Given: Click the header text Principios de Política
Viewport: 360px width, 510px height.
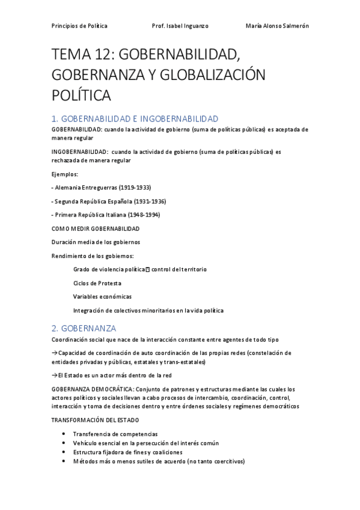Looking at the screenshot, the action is [79, 26].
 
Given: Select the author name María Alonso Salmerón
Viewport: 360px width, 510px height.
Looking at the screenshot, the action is [277, 26].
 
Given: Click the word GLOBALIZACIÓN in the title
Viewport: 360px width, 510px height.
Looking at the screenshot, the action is [214, 75].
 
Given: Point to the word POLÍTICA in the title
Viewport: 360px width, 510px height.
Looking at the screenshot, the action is [82, 95].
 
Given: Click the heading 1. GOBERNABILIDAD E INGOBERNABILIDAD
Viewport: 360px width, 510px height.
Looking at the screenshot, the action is [135, 119].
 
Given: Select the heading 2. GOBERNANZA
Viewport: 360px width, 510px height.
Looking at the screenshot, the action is [84, 328].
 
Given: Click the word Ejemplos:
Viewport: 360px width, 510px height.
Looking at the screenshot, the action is [66, 174].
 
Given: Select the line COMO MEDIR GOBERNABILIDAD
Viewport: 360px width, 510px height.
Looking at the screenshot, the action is [96, 229].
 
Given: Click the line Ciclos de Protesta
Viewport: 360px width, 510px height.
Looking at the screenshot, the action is [97, 283].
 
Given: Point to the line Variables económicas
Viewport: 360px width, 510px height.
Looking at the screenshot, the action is [102, 296].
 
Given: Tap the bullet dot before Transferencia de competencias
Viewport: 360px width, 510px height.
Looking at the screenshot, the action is [64, 434].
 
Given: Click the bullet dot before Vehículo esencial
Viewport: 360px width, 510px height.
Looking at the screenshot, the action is [64, 443].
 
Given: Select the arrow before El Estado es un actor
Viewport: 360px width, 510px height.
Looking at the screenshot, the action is [55, 375].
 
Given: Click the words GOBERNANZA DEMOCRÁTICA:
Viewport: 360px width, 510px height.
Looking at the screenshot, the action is [93, 389].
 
